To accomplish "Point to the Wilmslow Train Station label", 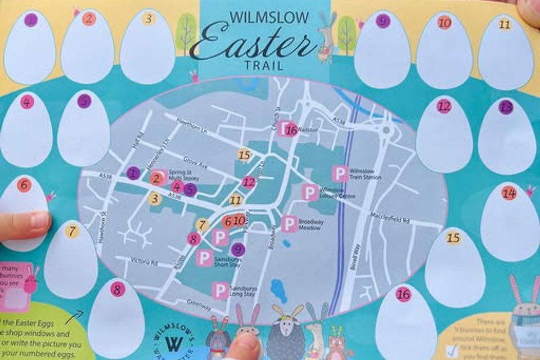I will click(x=366, y=174).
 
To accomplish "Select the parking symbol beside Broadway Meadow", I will click(x=290, y=224).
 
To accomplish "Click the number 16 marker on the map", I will click(x=291, y=130).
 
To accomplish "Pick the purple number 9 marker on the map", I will click(x=238, y=250).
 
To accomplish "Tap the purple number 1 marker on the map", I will click(x=133, y=173).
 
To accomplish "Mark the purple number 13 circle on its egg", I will click(x=506, y=107).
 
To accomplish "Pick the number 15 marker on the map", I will click(x=244, y=155).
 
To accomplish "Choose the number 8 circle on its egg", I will click(x=117, y=290).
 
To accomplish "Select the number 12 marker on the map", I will click(x=249, y=182).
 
